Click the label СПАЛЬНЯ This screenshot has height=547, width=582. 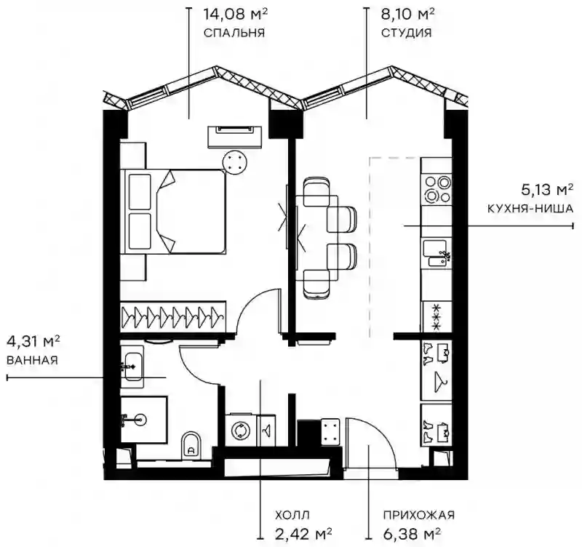234,33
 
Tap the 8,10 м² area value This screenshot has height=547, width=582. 408,15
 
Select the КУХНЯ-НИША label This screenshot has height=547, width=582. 530,209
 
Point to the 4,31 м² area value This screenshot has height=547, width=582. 33,341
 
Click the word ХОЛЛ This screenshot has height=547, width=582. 292,515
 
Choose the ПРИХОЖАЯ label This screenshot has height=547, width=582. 419,515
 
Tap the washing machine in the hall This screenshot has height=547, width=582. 242,431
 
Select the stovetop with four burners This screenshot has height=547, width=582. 437,189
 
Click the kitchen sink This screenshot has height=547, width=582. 437,252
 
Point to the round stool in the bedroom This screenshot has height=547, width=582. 234,162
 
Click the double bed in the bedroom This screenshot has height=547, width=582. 173,212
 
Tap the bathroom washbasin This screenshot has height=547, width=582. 133,367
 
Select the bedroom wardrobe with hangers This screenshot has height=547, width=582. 173,317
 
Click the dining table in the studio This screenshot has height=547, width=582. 316,238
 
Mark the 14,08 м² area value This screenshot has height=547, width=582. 235,15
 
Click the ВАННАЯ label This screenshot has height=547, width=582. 32,360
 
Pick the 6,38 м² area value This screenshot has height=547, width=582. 412,534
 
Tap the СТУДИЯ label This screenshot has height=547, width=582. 407,33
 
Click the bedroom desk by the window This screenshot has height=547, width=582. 234,137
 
